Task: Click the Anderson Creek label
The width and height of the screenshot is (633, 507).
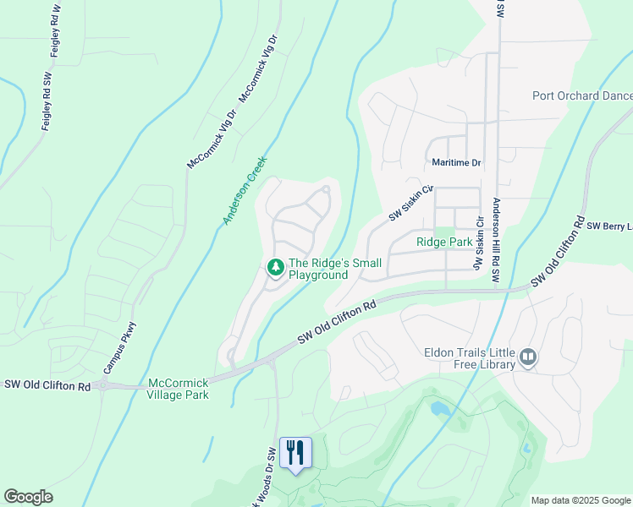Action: pos(245,190)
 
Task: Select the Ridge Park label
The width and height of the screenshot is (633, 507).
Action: pos(443,242)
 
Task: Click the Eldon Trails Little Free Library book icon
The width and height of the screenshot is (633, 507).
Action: pos(529,358)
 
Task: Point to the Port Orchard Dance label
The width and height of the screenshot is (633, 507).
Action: pos(582,95)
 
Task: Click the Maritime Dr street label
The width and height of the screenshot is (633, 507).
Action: pos(456,162)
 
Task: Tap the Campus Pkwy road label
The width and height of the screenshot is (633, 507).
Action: pos(120,348)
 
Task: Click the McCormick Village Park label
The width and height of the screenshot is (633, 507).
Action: pos(178,389)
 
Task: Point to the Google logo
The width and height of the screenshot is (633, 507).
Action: pos(28,497)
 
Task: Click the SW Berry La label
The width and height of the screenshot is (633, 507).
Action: pos(609,226)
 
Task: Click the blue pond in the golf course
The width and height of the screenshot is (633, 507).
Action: pos(439,409)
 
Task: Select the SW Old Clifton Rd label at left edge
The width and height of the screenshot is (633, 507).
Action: pos(47,385)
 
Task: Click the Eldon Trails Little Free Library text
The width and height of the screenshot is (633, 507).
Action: pos(470,358)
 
